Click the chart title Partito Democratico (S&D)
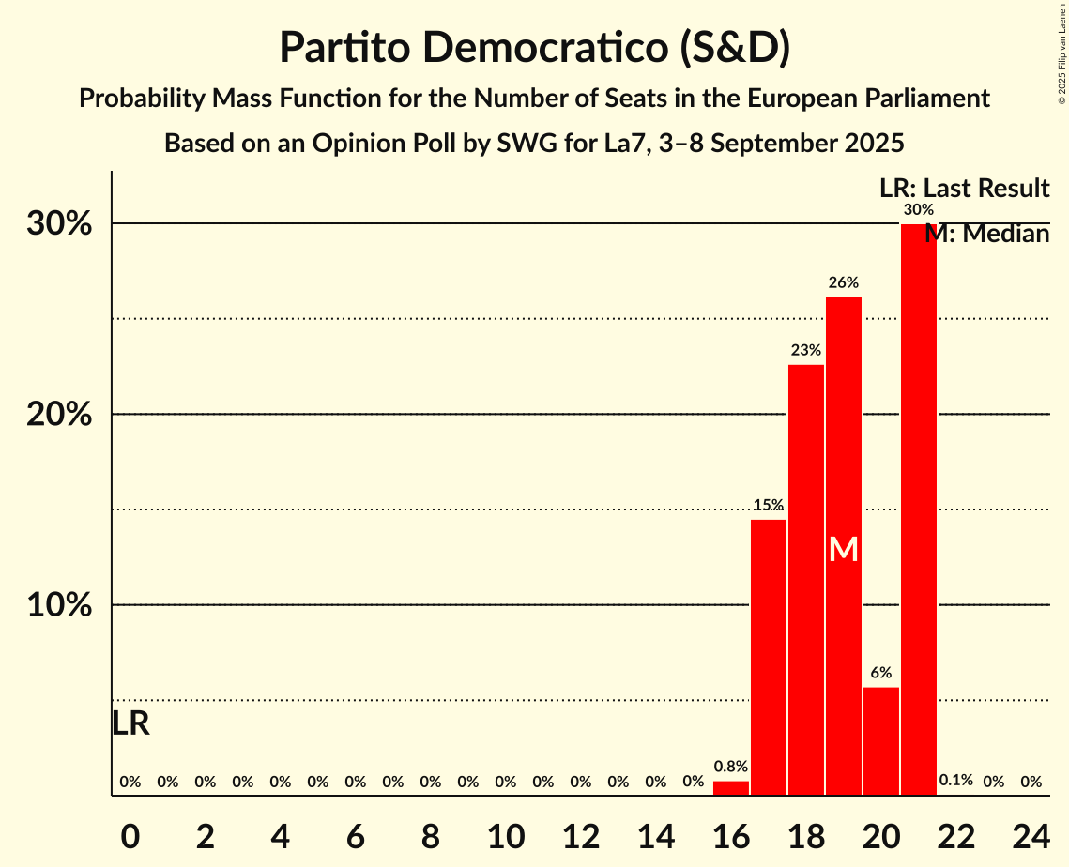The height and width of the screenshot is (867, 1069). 534,47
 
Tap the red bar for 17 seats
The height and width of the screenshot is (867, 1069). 769,657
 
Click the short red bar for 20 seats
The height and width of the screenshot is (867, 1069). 881,741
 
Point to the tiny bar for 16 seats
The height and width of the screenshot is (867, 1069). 731,788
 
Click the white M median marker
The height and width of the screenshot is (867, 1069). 844,550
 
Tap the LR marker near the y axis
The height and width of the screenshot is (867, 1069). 130,723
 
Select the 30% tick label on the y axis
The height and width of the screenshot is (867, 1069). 59,224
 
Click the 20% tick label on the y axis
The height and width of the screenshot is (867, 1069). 59,415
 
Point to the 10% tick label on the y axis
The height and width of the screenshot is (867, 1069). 59,605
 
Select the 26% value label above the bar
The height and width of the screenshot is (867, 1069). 844,282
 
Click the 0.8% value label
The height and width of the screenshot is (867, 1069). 731,767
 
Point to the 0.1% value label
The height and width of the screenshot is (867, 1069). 956,781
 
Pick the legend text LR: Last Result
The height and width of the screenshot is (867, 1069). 964,189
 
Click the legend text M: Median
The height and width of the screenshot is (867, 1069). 986,234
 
